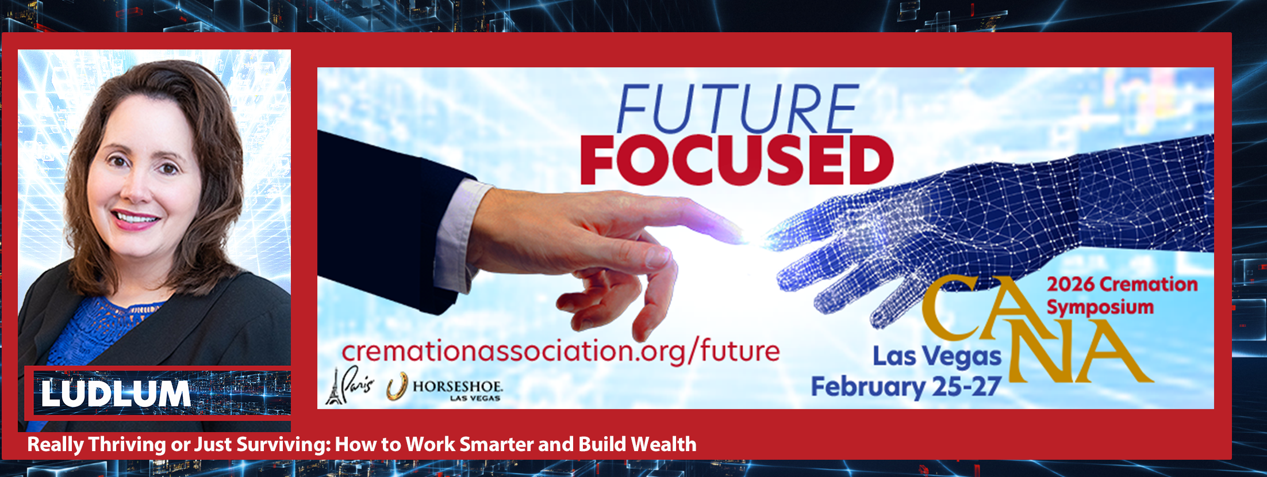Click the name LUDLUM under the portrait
(116, 394)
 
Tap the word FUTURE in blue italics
(738, 109)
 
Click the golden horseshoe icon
(397, 386)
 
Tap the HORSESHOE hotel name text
(458, 386)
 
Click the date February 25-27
(906, 387)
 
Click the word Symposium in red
(1100, 307)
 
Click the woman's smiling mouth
(135, 219)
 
